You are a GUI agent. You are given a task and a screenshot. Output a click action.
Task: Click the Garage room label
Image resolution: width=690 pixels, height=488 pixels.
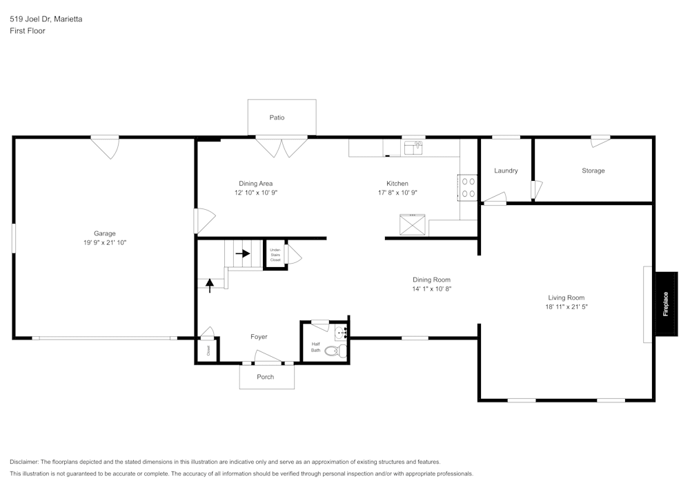[105, 234]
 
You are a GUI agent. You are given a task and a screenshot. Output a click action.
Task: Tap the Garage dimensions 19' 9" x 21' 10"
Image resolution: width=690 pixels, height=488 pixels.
[105, 242]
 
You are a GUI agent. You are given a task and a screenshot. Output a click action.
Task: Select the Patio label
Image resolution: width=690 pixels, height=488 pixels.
[277, 117]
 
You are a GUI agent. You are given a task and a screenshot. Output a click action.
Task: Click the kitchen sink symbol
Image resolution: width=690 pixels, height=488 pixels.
[413, 148]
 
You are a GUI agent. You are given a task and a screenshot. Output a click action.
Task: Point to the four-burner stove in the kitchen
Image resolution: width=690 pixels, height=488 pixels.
[468, 188]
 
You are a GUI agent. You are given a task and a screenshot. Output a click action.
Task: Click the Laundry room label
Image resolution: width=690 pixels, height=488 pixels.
[506, 170]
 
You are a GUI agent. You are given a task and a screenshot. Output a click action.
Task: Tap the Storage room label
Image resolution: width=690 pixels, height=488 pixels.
[593, 170]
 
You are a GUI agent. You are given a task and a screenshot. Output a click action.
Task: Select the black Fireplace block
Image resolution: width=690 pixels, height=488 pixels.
[667, 304]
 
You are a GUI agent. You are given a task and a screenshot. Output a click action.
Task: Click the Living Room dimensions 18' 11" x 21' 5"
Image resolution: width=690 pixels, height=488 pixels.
[566, 307]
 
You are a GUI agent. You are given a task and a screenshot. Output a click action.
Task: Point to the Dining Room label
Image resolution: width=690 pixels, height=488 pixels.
[431, 280]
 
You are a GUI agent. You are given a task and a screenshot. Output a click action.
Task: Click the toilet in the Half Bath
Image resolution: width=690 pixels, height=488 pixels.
[336, 351]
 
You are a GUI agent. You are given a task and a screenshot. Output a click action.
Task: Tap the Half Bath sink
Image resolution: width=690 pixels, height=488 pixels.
[341, 333]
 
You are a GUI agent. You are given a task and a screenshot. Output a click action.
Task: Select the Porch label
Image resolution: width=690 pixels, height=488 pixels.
[266, 377]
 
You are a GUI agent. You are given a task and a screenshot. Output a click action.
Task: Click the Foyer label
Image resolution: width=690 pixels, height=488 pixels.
[259, 337]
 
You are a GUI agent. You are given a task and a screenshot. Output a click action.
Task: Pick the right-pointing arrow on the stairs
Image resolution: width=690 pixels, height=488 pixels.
[243, 253]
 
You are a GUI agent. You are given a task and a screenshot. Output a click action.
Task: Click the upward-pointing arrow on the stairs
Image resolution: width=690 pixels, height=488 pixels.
[210, 285]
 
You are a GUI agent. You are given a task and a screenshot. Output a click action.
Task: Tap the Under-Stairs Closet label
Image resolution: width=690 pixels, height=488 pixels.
[275, 255]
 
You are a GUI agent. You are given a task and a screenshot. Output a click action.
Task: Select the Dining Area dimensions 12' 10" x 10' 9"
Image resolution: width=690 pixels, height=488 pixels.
[256, 193]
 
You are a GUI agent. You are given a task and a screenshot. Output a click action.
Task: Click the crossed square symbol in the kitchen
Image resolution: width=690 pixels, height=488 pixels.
[413, 224]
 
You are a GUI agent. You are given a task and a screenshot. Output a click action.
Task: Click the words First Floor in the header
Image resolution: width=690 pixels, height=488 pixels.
[28, 31]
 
